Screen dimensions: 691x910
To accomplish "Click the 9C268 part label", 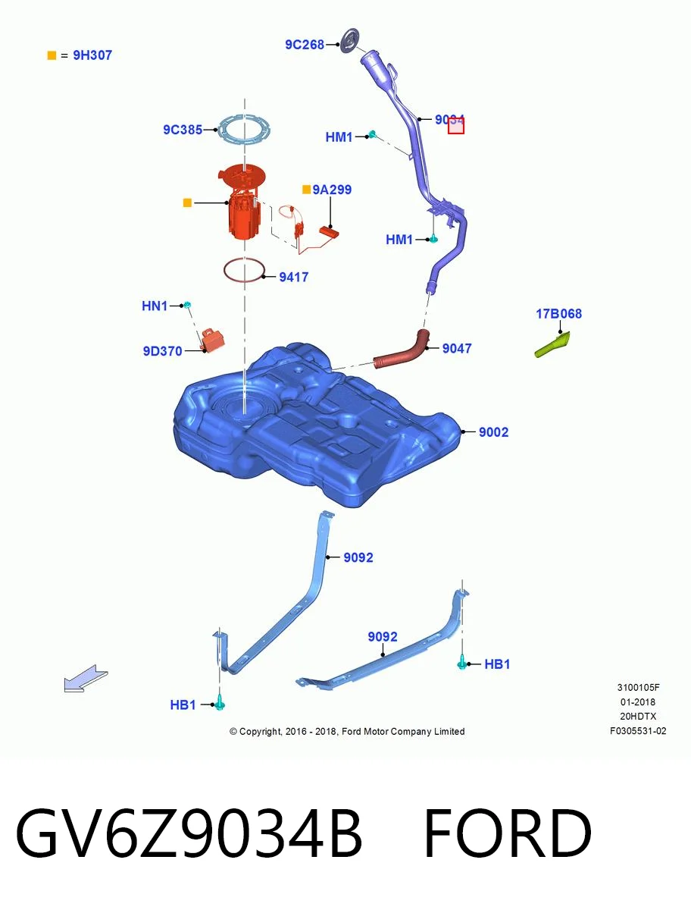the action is click(x=305, y=44).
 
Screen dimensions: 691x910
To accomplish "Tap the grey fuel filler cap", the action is click(x=350, y=41).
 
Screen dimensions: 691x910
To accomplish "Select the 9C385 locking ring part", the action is click(x=244, y=130).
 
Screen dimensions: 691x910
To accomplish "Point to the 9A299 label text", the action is click(x=332, y=190).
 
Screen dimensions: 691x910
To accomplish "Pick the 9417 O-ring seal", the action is click(x=244, y=270).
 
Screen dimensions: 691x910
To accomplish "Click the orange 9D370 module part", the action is click(x=213, y=340).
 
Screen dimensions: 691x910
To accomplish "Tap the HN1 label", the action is click(x=155, y=306).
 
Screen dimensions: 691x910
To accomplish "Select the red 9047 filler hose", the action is click(x=402, y=350).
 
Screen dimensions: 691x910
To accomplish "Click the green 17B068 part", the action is click(x=552, y=345).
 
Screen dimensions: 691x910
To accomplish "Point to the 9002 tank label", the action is click(x=493, y=432).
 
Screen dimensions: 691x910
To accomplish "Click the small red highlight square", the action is click(x=456, y=126).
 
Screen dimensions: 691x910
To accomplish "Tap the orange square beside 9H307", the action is click(x=52, y=55).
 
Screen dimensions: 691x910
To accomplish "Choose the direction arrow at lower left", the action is click(x=86, y=679).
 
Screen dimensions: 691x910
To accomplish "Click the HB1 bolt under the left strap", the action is click(x=220, y=704).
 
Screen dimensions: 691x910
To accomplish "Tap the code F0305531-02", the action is click(x=638, y=731).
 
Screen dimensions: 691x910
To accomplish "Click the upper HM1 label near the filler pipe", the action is click(x=339, y=136).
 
